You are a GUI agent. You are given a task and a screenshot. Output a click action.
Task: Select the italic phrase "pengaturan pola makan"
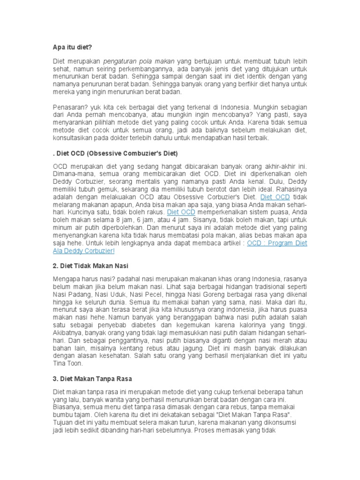pyautogui.click(x=139, y=62)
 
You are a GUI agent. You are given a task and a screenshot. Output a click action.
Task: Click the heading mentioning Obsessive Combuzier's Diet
pyautogui.click(x=115, y=153)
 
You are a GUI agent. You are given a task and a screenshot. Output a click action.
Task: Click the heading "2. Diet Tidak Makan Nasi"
pyautogui.click(x=90, y=266)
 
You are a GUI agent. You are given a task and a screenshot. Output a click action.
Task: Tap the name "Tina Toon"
pyautogui.click(x=67, y=364)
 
